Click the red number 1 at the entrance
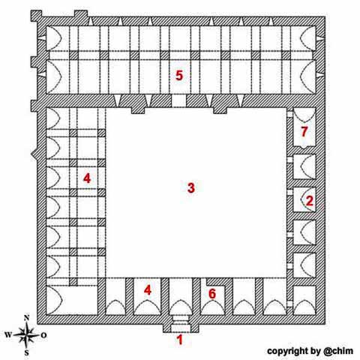tap(180, 340)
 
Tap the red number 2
tap(309, 200)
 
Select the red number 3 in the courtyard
tap(191, 187)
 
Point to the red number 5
tap(179, 75)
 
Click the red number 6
tap(212, 293)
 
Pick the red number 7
tap(304, 131)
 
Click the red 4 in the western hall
tap(87, 178)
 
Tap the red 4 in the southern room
tap(148, 290)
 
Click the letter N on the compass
tap(27, 318)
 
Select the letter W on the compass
tap(8, 334)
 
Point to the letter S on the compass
tap(26, 352)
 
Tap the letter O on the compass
tap(43, 335)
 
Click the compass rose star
tap(26, 334)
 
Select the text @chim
tap(338, 351)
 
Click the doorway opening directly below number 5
tap(178, 101)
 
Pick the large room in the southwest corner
tap(72, 300)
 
